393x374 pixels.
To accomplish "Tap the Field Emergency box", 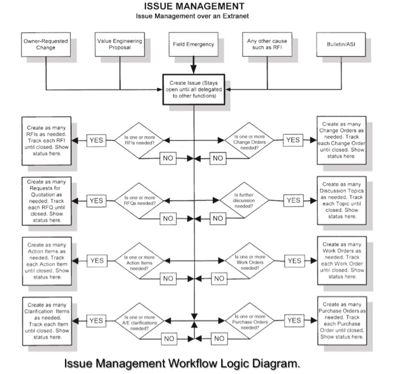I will pos(193,45).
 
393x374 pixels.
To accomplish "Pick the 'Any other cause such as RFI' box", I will pos(267,45).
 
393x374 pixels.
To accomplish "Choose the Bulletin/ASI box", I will pos(341,45).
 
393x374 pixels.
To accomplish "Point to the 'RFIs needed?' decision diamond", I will pos(138,139).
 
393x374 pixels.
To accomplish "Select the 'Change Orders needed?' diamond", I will pos(250,139).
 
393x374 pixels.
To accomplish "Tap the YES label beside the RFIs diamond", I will pos(97,140).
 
